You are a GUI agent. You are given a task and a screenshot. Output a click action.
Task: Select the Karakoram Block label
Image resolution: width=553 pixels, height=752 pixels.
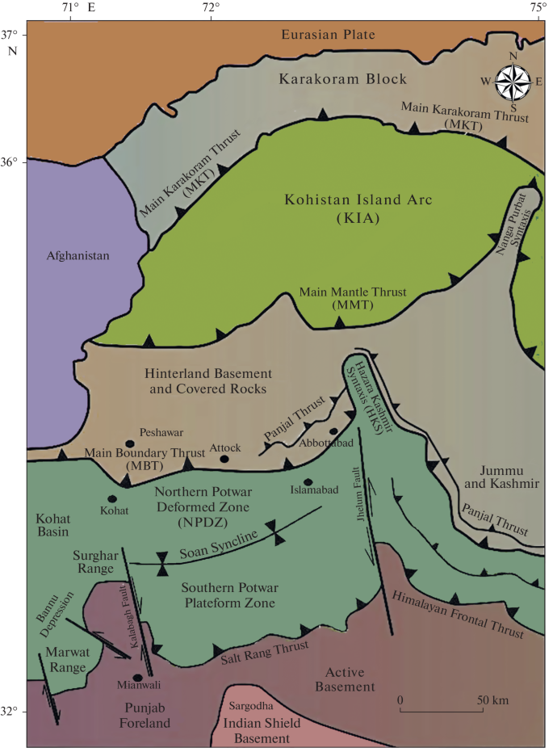343,79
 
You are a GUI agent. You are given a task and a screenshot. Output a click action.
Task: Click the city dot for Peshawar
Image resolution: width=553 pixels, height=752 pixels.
130,444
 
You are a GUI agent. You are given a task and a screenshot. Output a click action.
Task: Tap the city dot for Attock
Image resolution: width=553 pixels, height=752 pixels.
224,459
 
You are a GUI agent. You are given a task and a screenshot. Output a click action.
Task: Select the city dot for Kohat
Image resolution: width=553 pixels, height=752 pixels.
112,498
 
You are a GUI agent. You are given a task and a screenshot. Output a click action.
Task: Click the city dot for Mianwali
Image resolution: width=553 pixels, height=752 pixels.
138,678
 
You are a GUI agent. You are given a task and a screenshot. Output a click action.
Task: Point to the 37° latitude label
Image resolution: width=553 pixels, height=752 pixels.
10,36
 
